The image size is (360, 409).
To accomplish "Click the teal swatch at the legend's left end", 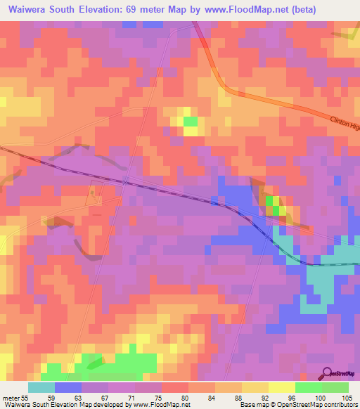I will pos(41,387).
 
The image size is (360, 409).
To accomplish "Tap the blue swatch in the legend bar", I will pos(68,387).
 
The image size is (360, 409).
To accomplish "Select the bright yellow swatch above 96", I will pos(282,387).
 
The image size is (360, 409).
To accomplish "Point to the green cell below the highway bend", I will pos(191,122).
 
